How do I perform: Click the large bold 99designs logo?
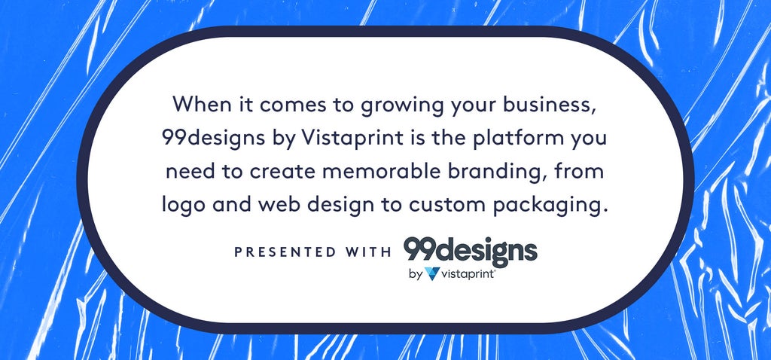coord(471,251)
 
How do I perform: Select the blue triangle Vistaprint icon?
coord(432,273)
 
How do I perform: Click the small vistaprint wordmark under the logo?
coord(468,274)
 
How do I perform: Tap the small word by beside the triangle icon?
coord(416,274)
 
